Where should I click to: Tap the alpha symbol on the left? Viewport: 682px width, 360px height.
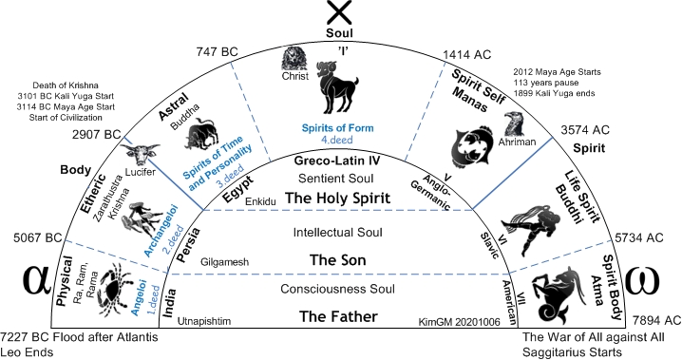click(37, 278)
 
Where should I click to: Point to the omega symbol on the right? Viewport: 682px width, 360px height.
click(642, 280)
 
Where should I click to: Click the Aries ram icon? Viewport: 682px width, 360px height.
click(337, 87)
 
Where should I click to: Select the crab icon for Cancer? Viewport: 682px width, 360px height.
click(114, 289)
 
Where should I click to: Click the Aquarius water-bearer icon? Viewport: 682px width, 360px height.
click(531, 229)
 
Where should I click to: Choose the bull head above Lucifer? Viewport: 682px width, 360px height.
click(140, 154)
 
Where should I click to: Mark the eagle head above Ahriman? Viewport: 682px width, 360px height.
click(515, 123)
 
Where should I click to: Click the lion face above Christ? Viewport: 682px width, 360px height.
click(294, 59)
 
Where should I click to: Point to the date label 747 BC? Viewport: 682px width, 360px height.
click(217, 52)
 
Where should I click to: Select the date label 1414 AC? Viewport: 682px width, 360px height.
click(466, 55)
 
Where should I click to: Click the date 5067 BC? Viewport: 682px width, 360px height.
click(37, 237)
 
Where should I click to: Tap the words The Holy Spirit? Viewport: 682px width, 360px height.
click(337, 199)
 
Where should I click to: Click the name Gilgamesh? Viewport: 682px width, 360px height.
click(224, 262)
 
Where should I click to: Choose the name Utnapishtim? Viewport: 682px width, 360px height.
click(204, 321)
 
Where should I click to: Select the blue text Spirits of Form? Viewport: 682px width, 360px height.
click(337, 128)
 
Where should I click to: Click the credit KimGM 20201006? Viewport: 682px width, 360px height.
click(460, 322)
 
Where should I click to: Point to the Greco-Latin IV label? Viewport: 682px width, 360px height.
click(337, 161)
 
